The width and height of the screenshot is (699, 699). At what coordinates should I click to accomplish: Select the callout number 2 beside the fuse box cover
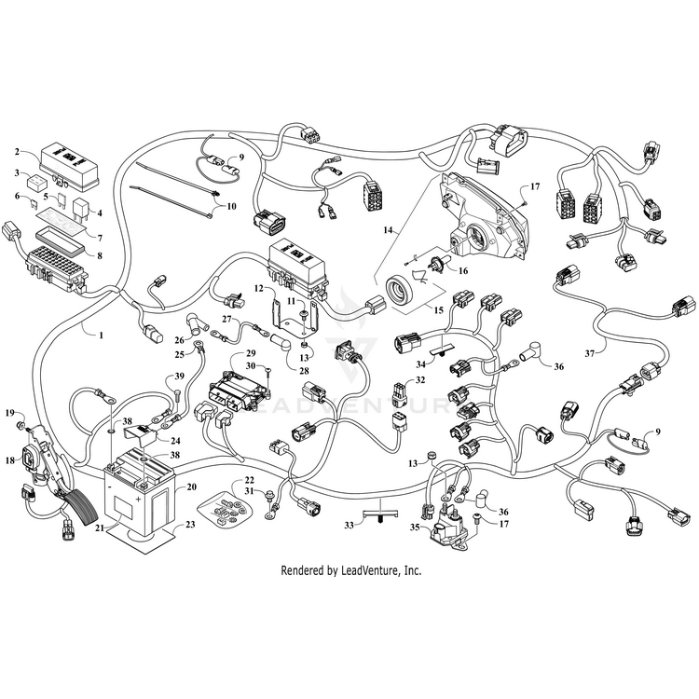pyautogui.click(x=17, y=151)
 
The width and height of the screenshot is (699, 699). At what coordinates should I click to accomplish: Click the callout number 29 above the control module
pyautogui.click(x=250, y=355)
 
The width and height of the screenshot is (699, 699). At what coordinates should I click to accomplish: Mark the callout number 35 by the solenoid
pyautogui.click(x=414, y=527)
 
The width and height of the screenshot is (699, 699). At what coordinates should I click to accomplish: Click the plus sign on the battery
pyautogui.click(x=140, y=500)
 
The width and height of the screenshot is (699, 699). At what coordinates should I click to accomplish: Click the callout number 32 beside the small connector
pyautogui.click(x=420, y=380)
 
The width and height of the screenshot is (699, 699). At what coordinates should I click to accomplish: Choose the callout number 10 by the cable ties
pyautogui.click(x=230, y=205)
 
